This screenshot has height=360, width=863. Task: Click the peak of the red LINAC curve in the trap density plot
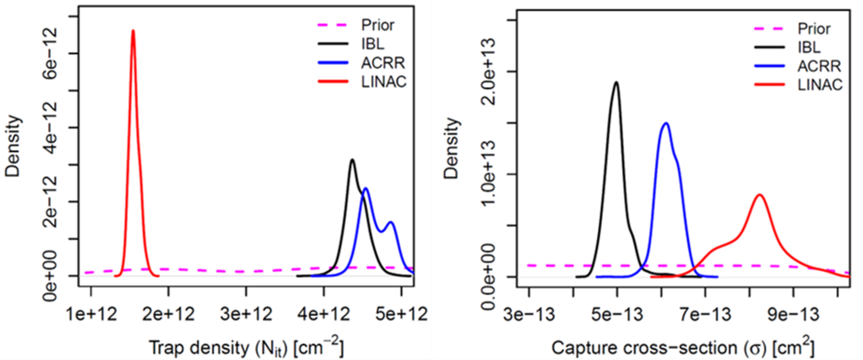(x=132, y=31)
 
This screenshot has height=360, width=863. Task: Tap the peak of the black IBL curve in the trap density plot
(x=352, y=160)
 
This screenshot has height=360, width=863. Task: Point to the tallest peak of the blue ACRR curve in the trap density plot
(x=366, y=188)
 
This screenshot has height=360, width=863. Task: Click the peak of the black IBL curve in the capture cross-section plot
(x=615, y=83)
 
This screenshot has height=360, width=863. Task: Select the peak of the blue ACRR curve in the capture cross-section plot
(x=665, y=123)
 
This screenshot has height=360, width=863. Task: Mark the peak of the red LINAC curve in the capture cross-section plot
(x=759, y=195)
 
